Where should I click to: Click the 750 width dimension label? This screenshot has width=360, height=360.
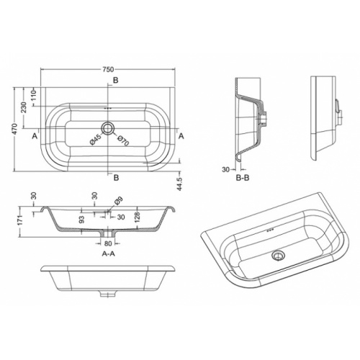(108, 70)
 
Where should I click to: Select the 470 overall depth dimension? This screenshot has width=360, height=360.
(16, 129)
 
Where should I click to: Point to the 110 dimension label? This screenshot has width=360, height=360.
(34, 95)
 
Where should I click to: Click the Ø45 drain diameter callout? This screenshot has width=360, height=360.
(95, 140)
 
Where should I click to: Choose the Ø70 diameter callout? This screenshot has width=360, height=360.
(123, 140)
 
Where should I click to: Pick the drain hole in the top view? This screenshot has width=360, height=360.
(108, 127)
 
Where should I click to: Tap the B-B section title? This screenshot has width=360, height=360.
(243, 178)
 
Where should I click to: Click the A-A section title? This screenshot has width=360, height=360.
(109, 253)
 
